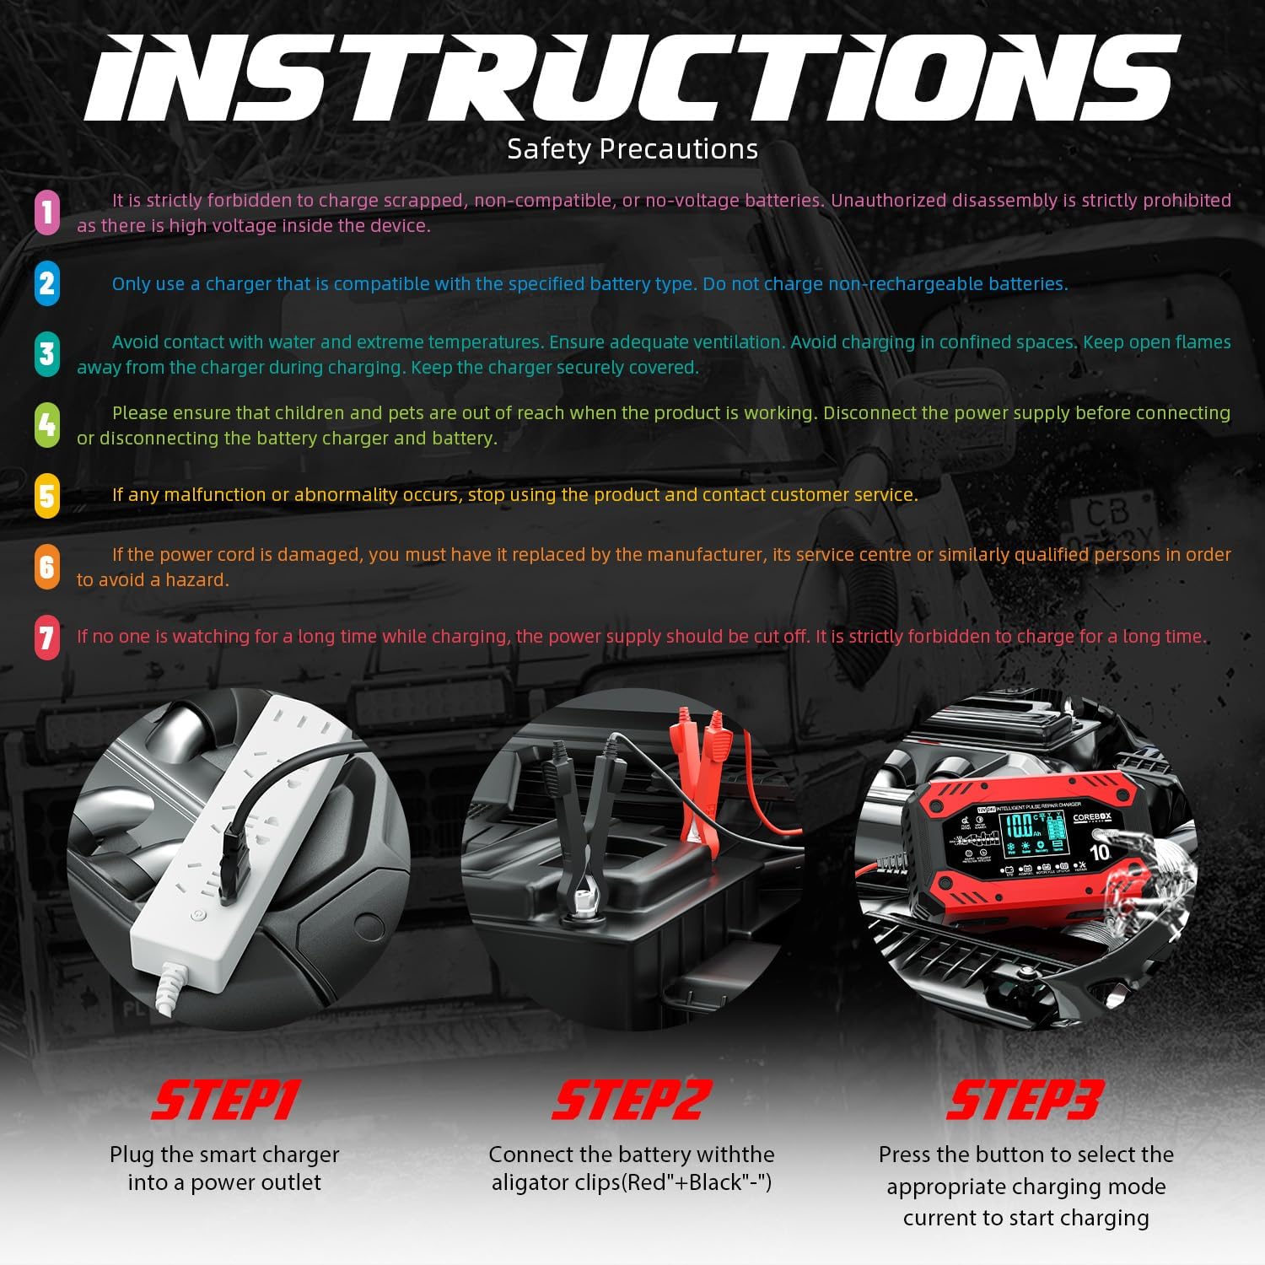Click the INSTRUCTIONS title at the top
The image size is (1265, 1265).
point(632,78)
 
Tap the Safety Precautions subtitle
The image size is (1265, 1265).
point(632,149)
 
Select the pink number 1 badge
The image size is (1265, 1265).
point(47,212)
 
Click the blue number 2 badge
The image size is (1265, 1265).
point(47,283)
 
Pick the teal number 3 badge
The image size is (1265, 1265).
point(47,354)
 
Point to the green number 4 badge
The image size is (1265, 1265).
point(47,425)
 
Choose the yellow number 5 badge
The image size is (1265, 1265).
point(47,496)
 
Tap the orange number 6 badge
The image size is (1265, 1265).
point(47,567)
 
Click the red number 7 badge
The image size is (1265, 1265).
point(47,637)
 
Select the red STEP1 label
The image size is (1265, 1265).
point(225,1101)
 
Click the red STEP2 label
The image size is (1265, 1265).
point(632,1101)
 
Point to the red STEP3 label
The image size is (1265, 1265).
point(1025,1101)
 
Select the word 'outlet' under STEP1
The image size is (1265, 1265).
point(292,1182)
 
